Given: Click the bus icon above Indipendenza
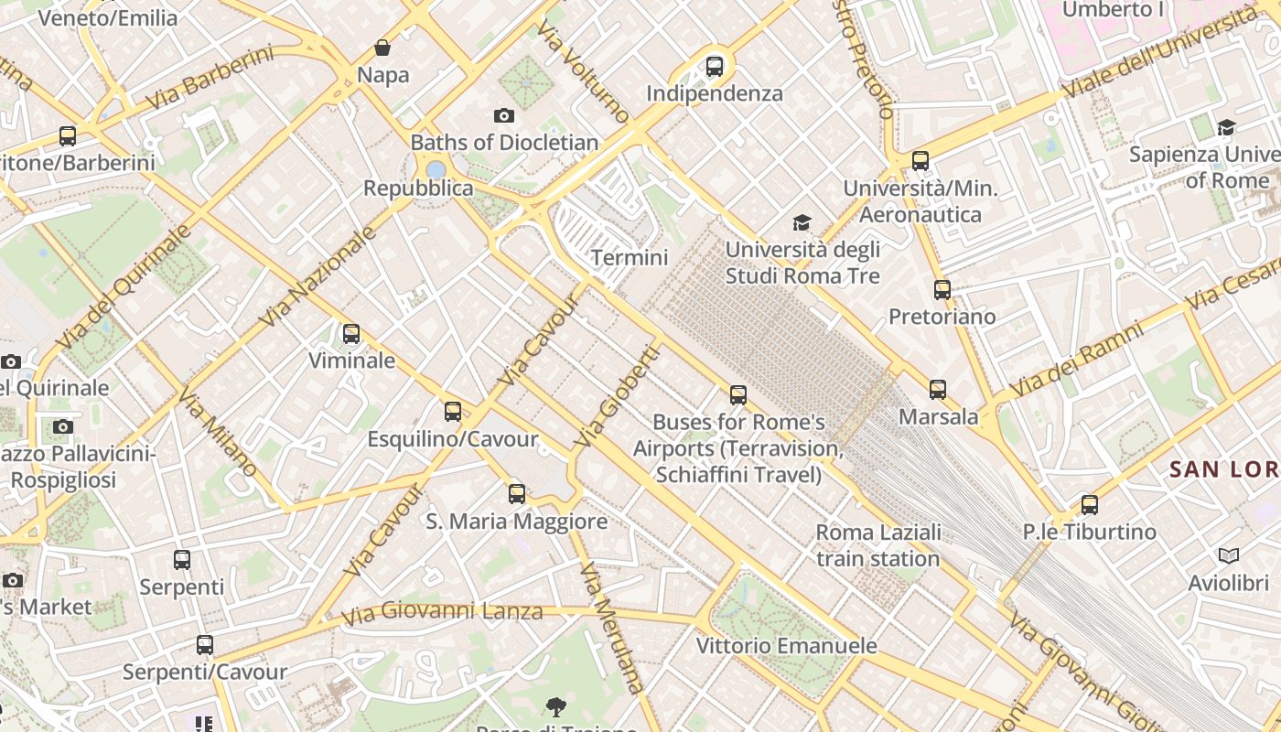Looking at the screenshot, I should (x=715, y=67).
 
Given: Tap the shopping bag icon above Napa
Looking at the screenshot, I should (x=382, y=48).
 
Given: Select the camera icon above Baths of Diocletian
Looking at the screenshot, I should (x=503, y=116).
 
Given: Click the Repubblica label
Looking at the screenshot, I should (x=418, y=188).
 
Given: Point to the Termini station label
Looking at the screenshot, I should (x=630, y=258).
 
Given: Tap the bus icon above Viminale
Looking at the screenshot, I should (x=351, y=334).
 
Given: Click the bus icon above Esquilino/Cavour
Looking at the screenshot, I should (x=453, y=412).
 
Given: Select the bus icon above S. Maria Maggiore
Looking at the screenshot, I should (x=517, y=494).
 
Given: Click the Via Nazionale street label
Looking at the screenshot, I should (x=318, y=277).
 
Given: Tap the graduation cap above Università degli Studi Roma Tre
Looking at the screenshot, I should (x=802, y=222).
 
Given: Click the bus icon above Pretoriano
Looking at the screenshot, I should (x=942, y=290).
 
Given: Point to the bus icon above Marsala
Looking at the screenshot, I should (x=938, y=390).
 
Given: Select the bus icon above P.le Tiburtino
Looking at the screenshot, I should (x=1089, y=505).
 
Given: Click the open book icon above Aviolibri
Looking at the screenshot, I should (x=1228, y=556).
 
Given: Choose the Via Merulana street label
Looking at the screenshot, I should (x=612, y=628).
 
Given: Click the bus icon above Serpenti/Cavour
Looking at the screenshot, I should (x=205, y=645).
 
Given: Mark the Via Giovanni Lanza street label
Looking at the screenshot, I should (x=443, y=611).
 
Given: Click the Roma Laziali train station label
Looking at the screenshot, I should (x=877, y=545).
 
